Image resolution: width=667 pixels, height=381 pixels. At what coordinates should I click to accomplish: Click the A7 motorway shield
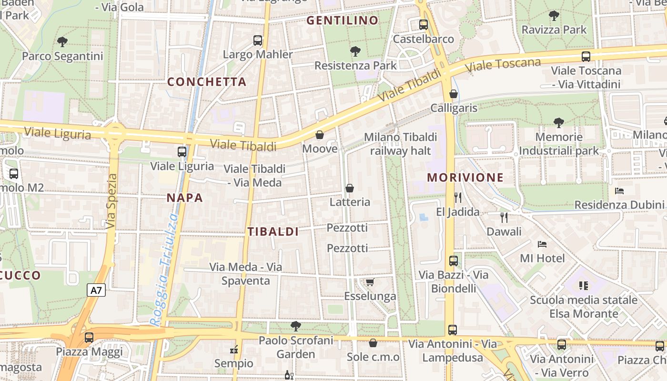(x=96, y=290)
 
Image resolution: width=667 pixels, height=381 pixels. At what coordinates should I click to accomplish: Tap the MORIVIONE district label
(x=465, y=178)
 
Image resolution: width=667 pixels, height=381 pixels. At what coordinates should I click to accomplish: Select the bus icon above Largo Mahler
(x=258, y=40)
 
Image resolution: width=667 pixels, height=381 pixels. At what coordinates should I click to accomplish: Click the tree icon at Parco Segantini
(x=62, y=42)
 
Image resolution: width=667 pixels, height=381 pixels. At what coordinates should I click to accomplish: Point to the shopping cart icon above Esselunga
(x=370, y=282)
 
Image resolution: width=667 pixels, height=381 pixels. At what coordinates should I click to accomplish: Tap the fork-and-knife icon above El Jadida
(x=458, y=197)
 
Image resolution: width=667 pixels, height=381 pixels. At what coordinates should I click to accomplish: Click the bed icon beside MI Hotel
(x=542, y=244)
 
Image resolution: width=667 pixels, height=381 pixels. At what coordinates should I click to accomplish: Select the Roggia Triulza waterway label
(x=163, y=269)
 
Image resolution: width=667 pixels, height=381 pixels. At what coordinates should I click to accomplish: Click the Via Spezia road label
(x=111, y=201)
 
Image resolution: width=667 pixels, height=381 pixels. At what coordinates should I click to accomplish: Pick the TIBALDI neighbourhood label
(x=273, y=232)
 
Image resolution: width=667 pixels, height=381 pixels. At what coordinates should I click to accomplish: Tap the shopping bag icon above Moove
(x=320, y=135)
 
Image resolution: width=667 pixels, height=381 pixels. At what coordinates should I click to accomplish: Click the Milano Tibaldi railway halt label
(x=400, y=144)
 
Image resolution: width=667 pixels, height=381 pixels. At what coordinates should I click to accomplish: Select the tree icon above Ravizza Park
(x=554, y=16)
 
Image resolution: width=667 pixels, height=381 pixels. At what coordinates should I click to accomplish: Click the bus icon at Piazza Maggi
(x=89, y=338)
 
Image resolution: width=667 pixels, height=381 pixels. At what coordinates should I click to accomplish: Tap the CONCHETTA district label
(x=207, y=82)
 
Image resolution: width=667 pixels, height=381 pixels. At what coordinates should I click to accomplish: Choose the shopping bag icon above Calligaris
(x=454, y=94)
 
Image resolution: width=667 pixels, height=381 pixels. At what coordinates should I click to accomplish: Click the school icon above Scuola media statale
(x=584, y=286)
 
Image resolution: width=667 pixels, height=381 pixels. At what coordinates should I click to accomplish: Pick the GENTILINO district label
(x=342, y=20)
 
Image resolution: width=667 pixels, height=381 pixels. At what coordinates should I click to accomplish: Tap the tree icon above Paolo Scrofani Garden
(x=296, y=326)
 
